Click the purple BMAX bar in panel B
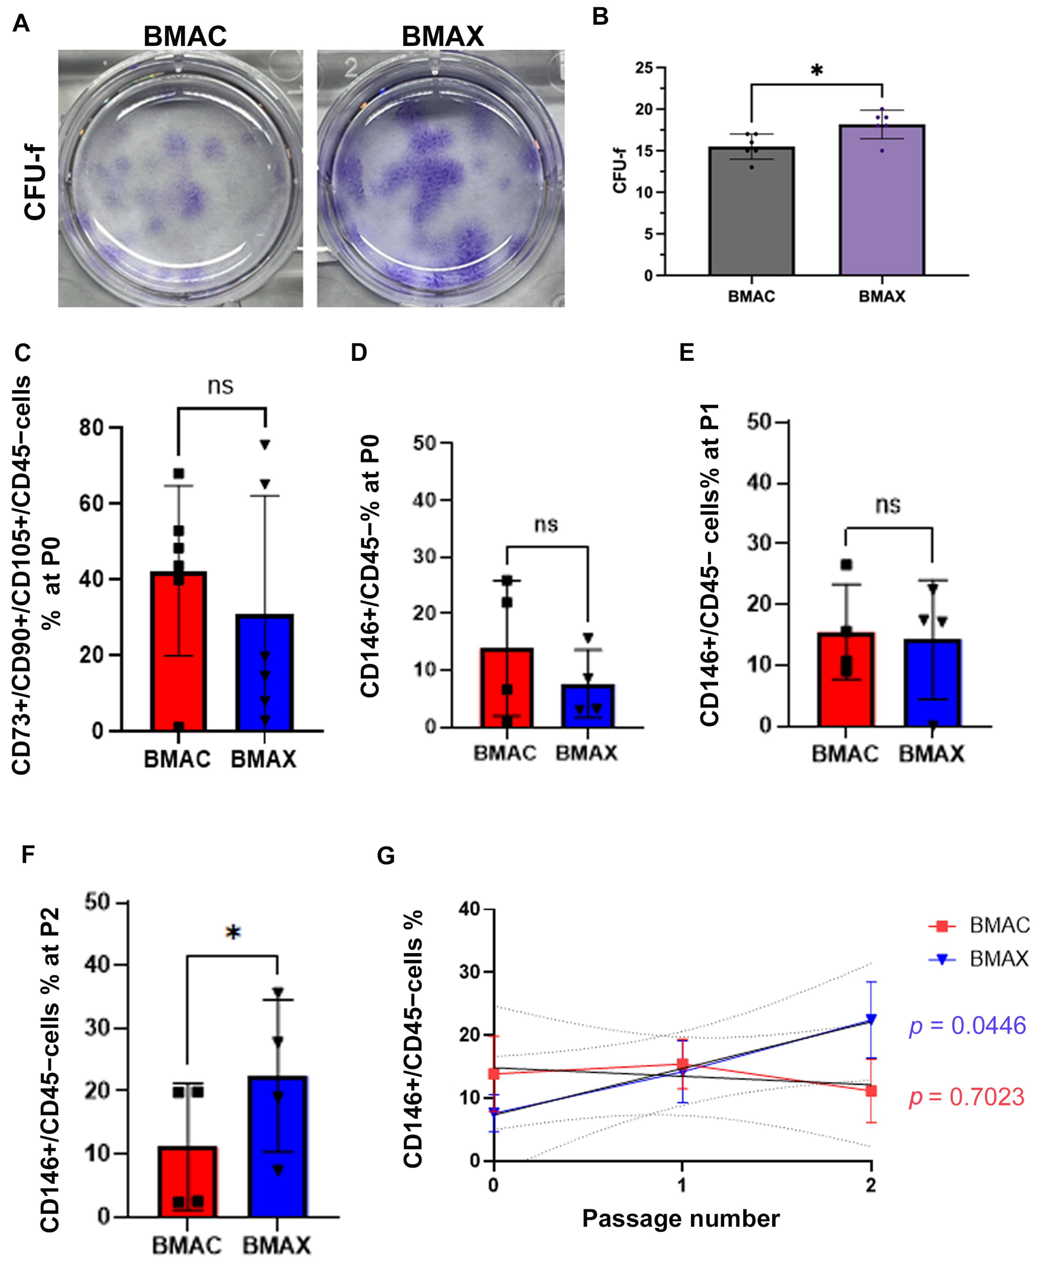pyautogui.click(x=881, y=200)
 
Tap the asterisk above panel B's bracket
pyautogui.click(x=817, y=71)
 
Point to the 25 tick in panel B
pyautogui.click(x=644, y=67)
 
